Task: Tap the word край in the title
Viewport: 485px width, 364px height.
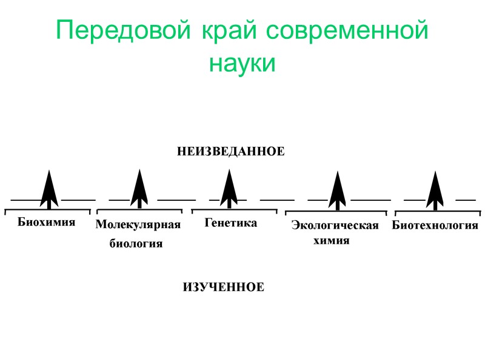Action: click(228, 31)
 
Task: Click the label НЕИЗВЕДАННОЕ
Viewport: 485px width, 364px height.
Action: click(230, 151)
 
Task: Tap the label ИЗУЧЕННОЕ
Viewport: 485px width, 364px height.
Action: click(224, 287)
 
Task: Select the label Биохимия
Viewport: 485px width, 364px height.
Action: click(47, 222)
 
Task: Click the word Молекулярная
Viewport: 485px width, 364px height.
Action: click(138, 226)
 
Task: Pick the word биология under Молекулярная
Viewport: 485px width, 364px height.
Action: click(136, 244)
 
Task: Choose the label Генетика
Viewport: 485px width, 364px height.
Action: click(231, 223)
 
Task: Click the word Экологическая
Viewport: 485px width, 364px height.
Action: click(335, 226)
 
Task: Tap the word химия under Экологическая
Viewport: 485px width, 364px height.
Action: click(332, 241)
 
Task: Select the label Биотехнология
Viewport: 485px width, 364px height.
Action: click(435, 226)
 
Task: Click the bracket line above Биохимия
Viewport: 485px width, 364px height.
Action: click(47, 210)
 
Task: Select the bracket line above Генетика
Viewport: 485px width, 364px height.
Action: click(234, 211)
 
